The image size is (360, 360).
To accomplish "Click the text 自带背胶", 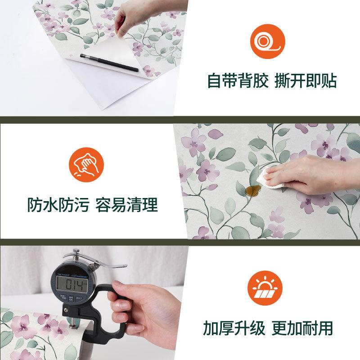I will click(x=235, y=81).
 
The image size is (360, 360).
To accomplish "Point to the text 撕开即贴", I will click(x=306, y=81).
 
